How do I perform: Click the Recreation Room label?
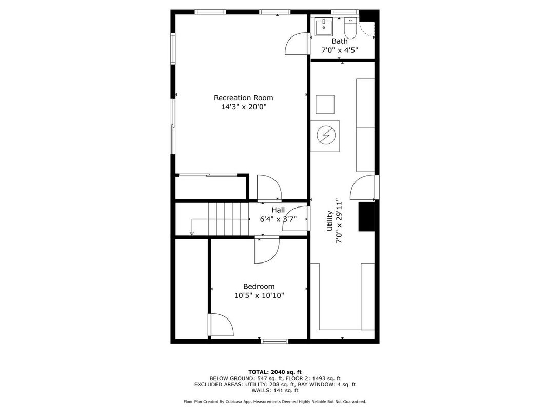[243, 98]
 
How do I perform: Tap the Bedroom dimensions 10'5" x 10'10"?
[259, 295]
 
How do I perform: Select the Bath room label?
[339, 41]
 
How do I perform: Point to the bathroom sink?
[324, 27]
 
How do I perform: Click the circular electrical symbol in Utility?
[325, 136]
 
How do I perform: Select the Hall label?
[278, 210]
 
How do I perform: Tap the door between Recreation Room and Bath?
[296, 44]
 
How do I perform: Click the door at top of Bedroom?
[266, 250]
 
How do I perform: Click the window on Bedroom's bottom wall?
[275, 341]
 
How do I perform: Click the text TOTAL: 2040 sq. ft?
[275, 371]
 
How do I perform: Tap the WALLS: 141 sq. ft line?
[275, 390]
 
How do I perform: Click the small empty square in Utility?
[325, 105]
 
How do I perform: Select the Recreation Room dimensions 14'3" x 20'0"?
[244, 107]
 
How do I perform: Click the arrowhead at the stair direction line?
[192, 234]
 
